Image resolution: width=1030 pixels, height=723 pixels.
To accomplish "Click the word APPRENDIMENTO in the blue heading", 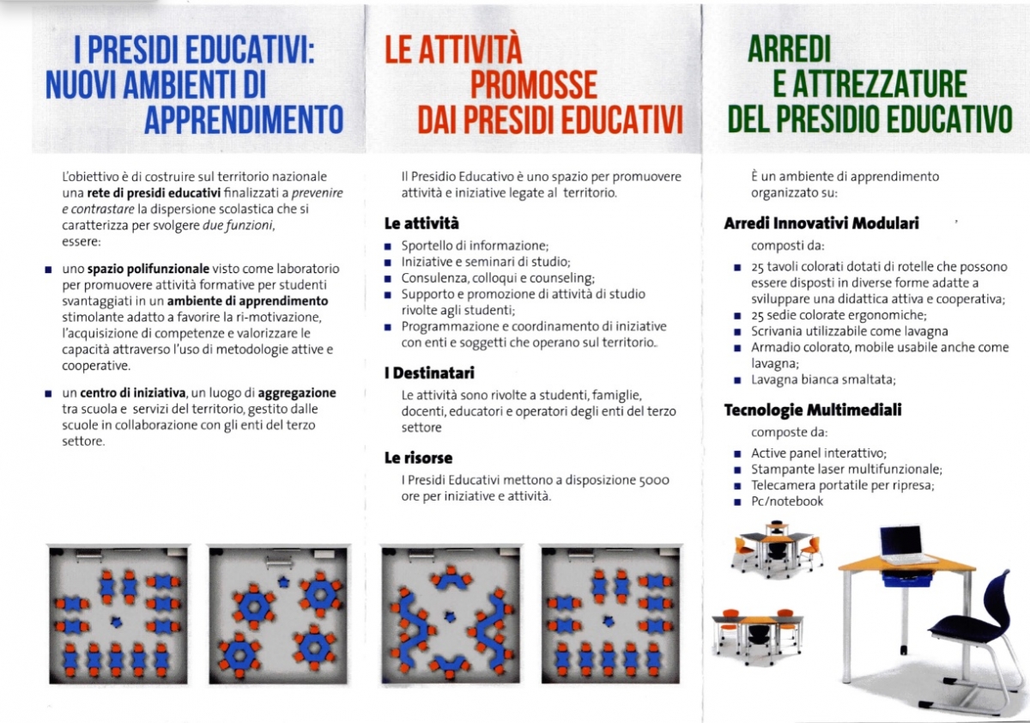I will point(243,118).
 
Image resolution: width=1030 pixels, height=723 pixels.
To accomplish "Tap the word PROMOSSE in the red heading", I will point(533,84).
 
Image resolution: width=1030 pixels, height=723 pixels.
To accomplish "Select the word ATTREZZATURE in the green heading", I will point(869,84).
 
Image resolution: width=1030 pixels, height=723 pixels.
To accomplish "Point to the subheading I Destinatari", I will point(428,374).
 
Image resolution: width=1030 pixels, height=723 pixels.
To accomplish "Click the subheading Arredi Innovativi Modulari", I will point(821,223).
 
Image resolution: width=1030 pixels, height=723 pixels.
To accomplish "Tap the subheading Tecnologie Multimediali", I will point(812,410).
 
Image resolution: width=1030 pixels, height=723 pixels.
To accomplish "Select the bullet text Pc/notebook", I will point(786,501).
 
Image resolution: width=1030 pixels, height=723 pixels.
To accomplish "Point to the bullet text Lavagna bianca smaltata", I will point(823,380).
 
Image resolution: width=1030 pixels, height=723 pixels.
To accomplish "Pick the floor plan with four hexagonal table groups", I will point(278,615).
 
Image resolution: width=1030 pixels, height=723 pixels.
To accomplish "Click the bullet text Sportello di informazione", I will point(475,245).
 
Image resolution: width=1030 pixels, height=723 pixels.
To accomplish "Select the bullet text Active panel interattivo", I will point(818,453).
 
